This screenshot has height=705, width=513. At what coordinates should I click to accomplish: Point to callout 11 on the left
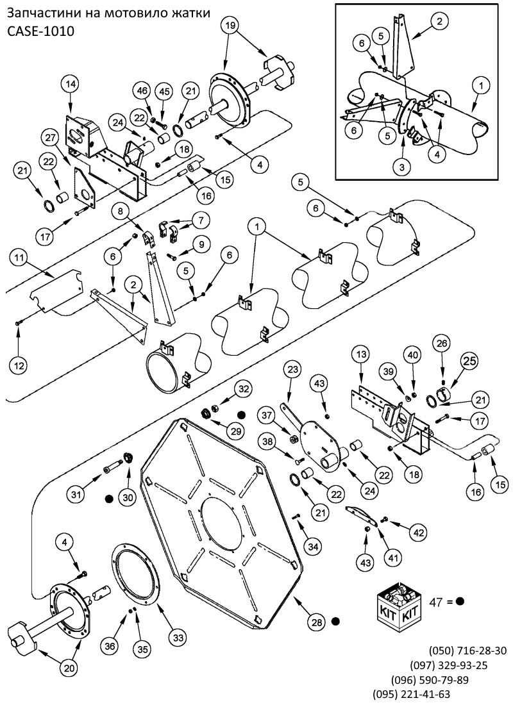[x=19, y=258]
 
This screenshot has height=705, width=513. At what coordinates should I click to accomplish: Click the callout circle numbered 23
[x=293, y=370]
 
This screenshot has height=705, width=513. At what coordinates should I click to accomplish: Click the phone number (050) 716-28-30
[x=467, y=651]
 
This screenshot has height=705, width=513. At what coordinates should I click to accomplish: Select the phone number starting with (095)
[x=412, y=693]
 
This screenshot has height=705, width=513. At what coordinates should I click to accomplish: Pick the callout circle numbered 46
[x=142, y=91]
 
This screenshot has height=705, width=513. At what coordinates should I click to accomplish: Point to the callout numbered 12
[x=19, y=365]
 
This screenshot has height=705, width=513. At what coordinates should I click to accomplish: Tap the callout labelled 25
[x=469, y=361]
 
